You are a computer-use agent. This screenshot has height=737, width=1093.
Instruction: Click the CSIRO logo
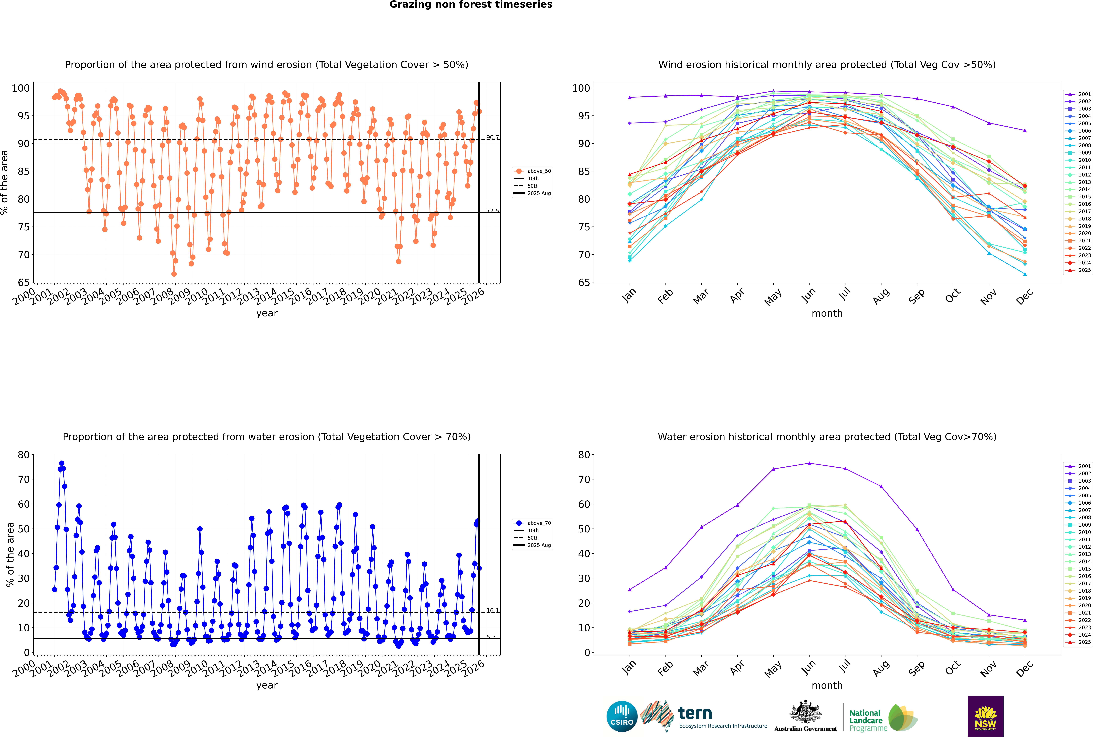pos(622,716)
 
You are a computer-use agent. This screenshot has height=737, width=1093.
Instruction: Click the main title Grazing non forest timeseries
pos(471,5)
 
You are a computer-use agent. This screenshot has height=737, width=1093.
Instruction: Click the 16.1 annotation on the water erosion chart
pos(492,611)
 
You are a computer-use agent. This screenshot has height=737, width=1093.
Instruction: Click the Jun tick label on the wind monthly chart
pos(808,295)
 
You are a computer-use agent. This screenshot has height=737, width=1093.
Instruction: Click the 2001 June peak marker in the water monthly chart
pos(809,463)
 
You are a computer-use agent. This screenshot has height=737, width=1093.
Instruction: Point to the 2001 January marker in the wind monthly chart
pos(630,97)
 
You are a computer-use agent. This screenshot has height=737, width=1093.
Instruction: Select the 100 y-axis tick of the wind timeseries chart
pos(21,88)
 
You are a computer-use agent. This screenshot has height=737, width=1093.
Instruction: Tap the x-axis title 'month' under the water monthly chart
pos(827,685)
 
